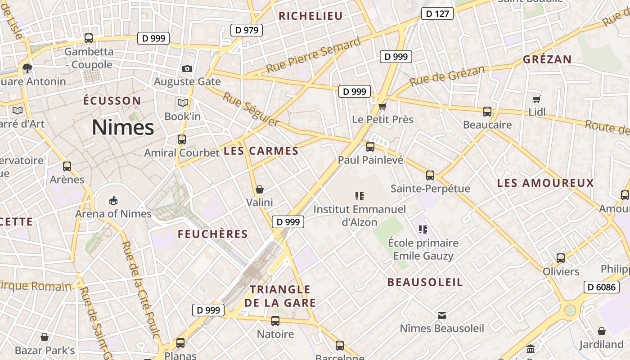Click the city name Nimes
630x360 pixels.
point(123,128)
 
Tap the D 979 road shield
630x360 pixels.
point(247,30)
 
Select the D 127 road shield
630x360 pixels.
point(437,14)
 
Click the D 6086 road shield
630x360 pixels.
point(601,287)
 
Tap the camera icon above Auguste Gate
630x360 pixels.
point(187,68)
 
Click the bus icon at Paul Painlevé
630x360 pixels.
point(370,146)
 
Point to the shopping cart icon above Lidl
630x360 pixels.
point(536,99)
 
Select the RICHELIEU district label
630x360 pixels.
point(310,16)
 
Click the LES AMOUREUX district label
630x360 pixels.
point(545,183)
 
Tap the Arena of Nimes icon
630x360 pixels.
point(113,200)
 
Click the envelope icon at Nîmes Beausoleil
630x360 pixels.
point(442,315)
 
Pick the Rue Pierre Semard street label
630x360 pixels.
point(313,55)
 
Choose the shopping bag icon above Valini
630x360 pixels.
point(259,189)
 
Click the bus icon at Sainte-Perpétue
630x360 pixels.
point(430,175)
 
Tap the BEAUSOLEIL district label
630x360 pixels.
point(425,283)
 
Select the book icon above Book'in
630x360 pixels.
point(182,103)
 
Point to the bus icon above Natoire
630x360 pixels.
point(275,321)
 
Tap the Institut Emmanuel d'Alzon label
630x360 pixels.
point(359,215)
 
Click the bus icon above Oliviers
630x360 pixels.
point(561,258)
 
